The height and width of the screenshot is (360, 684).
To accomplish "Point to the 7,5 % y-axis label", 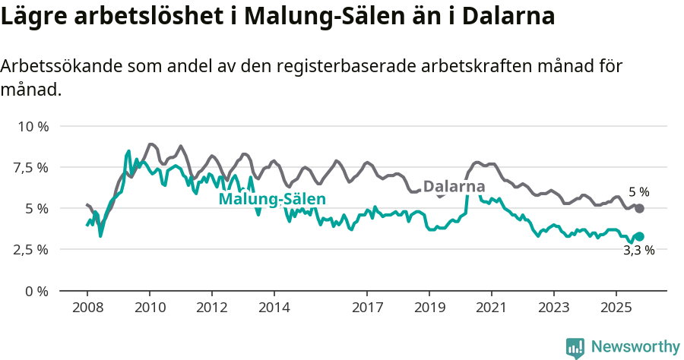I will [31, 167].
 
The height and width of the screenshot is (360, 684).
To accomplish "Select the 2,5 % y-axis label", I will [31, 249].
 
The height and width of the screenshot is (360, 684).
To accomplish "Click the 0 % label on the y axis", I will [36, 291].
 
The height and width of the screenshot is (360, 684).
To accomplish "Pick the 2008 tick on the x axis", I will [87, 308].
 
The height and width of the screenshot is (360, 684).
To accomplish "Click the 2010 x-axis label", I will [150, 308].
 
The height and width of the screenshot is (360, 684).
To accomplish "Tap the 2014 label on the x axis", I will [274, 308].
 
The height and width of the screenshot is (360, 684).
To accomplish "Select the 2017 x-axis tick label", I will [367, 308].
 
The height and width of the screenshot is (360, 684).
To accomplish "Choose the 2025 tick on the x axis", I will [616, 308].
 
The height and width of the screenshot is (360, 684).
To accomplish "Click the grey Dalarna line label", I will [454, 187].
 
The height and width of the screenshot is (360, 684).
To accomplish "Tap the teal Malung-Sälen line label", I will [272, 200].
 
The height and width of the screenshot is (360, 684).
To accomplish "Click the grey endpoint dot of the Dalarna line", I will [639, 208].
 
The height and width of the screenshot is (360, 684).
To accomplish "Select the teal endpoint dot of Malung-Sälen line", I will [639, 237].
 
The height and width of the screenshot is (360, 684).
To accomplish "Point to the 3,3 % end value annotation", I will [638, 251].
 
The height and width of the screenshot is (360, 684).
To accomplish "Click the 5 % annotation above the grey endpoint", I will [638, 192].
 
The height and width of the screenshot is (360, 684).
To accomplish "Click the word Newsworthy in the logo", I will [635, 347].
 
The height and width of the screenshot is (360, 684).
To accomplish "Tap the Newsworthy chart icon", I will [575, 348].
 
